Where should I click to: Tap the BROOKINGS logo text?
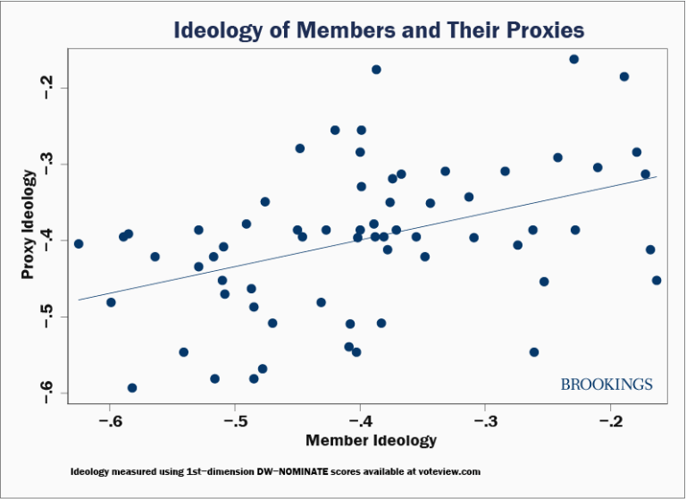pyautogui.click(x=607, y=385)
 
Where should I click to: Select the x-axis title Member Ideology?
pyautogui.click(x=371, y=441)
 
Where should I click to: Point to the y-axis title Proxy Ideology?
pyautogui.click(x=29, y=227)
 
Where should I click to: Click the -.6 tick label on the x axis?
pyautogui.click(x=109, y=421)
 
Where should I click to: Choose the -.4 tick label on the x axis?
pyautogui.click(x=360, y=421)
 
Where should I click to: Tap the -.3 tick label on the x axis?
pyautogui.click(x=485, y=421)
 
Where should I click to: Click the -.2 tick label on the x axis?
pyautogui.click(x=611, y=421)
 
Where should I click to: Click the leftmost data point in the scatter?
pyautogui.click(x=79, y=243)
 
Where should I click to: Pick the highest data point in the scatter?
pyautogui.click(x=573, y=59)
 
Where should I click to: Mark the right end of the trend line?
pyautogui.click(x=657, y=176)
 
